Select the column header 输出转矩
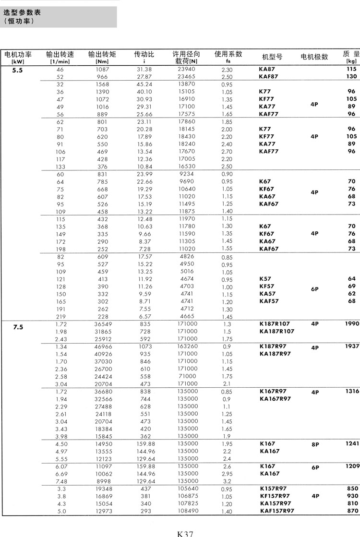point(102,55)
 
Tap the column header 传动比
point(144,55)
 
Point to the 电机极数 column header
point(314,57)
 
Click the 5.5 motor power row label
point(18,70)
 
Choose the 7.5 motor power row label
point(18,327)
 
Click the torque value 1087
point(102,70)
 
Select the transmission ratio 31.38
point(144,70)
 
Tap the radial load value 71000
point(187,376)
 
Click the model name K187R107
point(275,324)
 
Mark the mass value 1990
point(352,324)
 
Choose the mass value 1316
point(352,392)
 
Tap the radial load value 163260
point(187,346)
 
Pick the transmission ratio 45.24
point(144,84)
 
